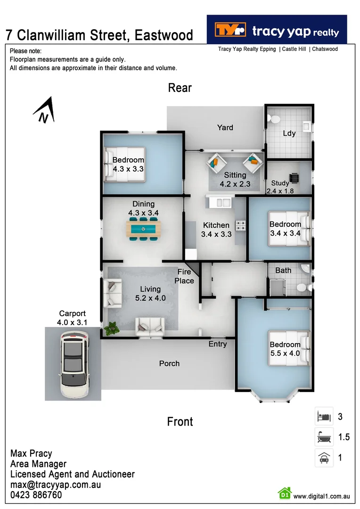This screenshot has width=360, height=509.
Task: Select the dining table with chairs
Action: (143, 229)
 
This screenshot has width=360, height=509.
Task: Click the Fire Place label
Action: (184, 276)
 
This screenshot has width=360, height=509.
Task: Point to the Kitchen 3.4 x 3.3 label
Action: (216, 230)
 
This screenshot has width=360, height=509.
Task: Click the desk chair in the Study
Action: (295, 178)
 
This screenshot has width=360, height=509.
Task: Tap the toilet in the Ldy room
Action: (272, 118)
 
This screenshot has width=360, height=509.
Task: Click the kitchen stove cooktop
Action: (241, 226)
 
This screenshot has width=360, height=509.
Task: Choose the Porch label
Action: (169, 363)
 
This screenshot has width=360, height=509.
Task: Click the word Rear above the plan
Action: (180, 88)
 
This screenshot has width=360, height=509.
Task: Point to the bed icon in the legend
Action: (324, 417)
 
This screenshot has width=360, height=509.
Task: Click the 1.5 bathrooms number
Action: (344, 437)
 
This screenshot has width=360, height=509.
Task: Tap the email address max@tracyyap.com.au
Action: (56, 484)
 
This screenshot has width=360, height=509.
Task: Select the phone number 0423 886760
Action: (36, 495)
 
